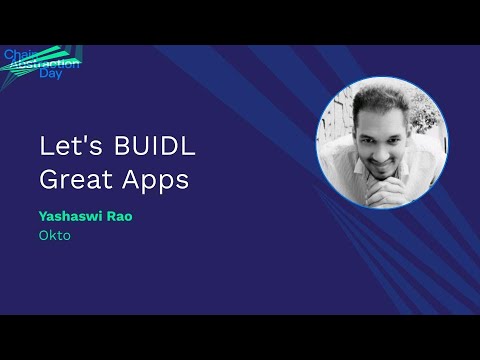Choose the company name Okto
pos(52,236)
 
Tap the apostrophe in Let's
pos(81,136)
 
